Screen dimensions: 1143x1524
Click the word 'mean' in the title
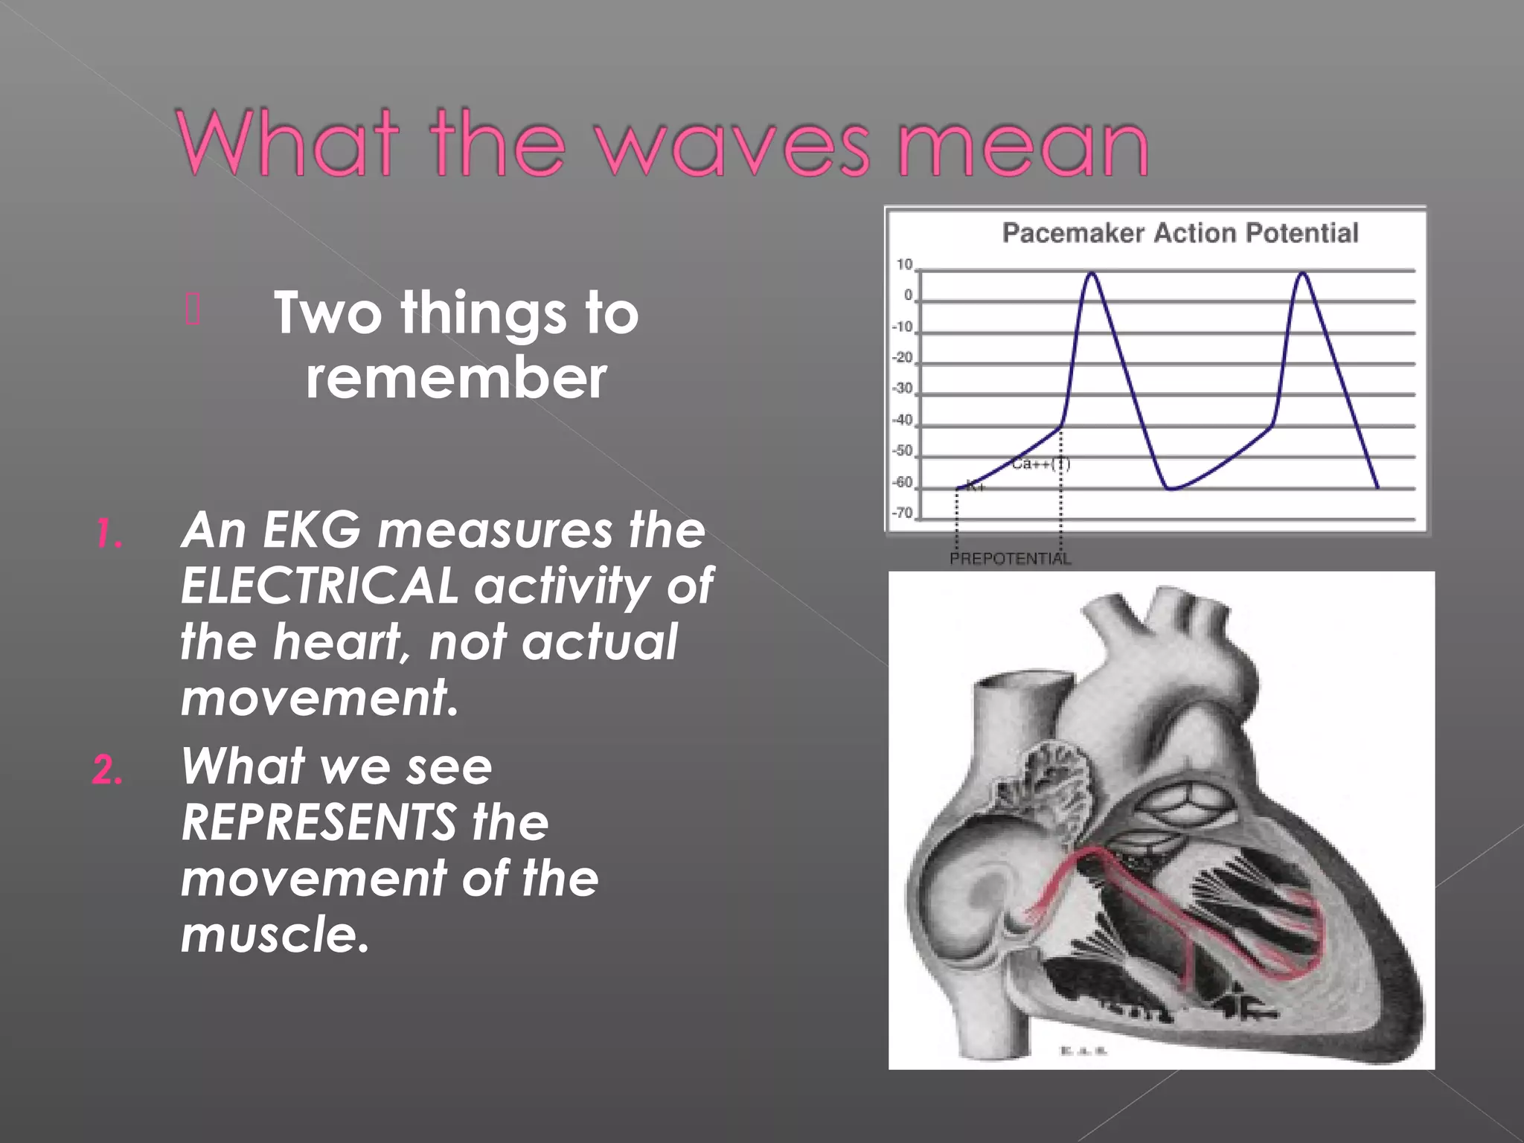click(1023, 145)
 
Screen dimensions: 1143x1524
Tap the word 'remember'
click(456, 377)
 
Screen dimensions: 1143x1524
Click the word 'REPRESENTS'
click(319, 822)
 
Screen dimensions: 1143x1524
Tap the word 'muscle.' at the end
click(275, 935)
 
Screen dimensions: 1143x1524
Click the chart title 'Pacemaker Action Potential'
click(1180, 233)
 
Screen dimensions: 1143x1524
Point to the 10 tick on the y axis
click(904, 265)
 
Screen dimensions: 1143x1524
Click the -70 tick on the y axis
click(903, 513)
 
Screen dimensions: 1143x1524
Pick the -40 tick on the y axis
click(903, 420)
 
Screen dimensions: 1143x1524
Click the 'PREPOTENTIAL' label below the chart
click(1010, 559)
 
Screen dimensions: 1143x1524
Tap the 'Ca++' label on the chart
click(1031, 464)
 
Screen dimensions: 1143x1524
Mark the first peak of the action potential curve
click(1092, 274)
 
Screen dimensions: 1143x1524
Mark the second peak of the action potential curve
click(1303, 274)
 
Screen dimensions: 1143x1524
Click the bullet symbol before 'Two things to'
click(192, 310)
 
